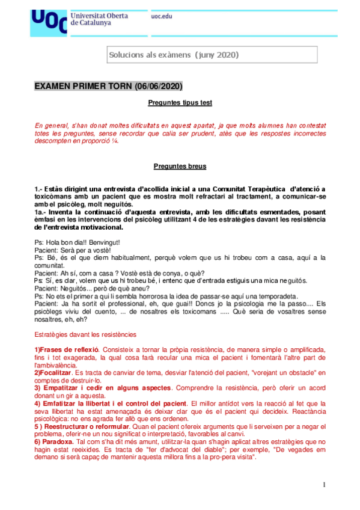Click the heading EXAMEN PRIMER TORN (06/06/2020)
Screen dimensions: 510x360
[x=108, y=87]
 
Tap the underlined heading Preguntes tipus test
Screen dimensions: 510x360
[x=180, y=103]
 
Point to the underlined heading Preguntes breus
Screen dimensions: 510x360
[x=180, y=166]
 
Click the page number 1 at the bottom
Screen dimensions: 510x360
[x=323, y=485]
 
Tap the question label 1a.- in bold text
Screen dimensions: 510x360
[x=43, y=212]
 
